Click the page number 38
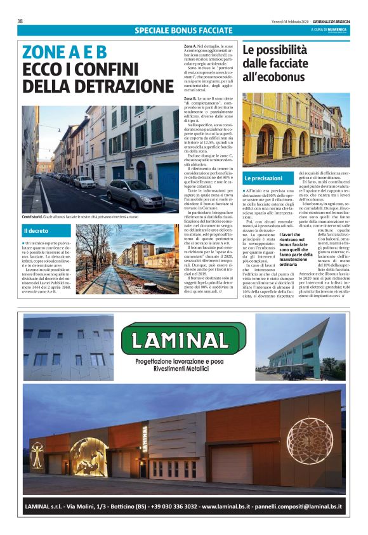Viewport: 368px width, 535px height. (20, 21)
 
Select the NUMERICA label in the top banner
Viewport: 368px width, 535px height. (337, 29)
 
